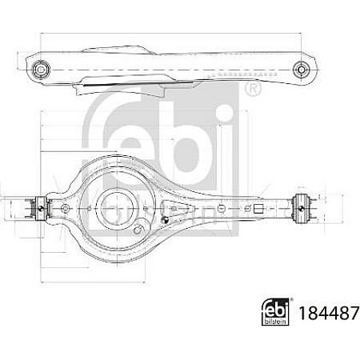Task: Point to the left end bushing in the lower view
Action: pos(36,207)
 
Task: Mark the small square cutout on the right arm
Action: pos(259,207)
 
